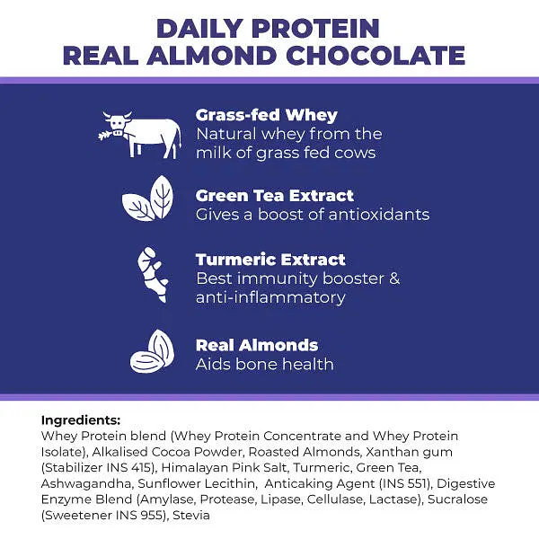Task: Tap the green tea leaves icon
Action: pos(148,199)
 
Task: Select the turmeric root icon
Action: pos(153,275)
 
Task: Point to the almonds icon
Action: pos(153,351)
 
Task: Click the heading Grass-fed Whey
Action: pos(267,116)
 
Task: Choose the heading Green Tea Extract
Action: pos(275,196)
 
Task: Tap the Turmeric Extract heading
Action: pos(270,260)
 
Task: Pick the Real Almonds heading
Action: pos(257,346)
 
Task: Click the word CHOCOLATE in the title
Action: pos(376,56)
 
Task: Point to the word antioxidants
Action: pos(379,215)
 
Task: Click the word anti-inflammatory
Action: pos(270,297)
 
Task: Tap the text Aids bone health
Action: pos(265,365)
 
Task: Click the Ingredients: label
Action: pos(81,420)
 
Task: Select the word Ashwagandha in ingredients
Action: pos(86,484)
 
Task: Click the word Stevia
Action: pos(191,516)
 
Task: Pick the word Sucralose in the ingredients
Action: pos(457,499)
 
